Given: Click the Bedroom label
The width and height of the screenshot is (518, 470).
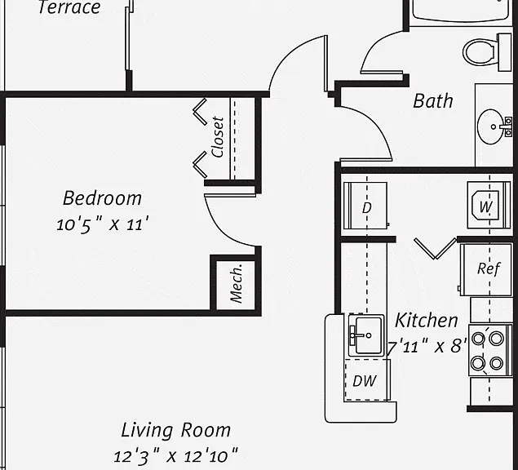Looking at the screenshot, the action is coord(103,198).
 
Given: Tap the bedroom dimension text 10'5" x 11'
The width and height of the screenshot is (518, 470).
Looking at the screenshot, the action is coord(103,224).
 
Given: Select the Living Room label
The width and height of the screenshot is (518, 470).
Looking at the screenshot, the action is coord(175,430).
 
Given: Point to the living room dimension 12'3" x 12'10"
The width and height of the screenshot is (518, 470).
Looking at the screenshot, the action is coord(175,457).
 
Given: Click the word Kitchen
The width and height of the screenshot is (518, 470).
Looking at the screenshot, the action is coord(426,320).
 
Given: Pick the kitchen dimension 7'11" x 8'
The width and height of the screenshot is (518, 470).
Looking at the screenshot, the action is coord(427,347).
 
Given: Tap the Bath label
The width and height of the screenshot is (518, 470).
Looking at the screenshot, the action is coord(433,101).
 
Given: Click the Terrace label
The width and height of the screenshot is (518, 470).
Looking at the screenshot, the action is coord(69,7).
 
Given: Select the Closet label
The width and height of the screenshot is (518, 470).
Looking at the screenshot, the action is coord(218,137).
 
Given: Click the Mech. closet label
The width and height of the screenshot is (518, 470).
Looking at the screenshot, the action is coord(237,283).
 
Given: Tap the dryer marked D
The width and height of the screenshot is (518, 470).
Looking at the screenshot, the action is coord(365,206).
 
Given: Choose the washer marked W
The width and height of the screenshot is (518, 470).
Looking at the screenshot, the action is coord(489,205).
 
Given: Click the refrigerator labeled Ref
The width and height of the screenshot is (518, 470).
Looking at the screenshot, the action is coord(486,270).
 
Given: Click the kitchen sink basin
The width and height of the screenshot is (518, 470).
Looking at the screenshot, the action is coord(366,335).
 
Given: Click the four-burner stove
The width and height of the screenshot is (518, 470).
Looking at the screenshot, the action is coord(490,350).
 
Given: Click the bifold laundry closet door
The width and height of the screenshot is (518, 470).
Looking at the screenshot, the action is coord(436,249).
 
